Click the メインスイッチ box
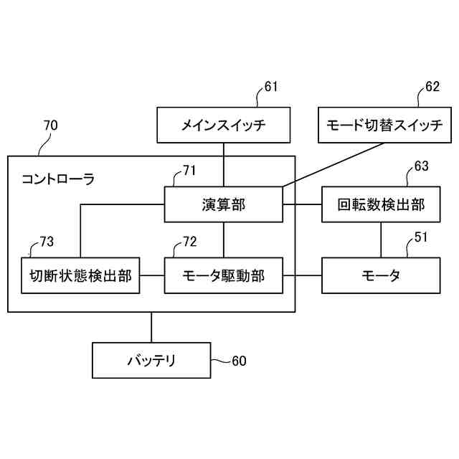224,125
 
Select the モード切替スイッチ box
385,125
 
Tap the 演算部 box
224,204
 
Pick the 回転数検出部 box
381,204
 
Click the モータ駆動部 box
224,275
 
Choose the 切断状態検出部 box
80,275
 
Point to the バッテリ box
151,360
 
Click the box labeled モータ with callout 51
381,275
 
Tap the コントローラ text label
57,177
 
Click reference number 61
270,87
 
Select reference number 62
432,87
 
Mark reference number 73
46,242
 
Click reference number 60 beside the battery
238,361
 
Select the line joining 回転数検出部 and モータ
381,240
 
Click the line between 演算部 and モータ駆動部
224,240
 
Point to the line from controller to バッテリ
151,327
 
